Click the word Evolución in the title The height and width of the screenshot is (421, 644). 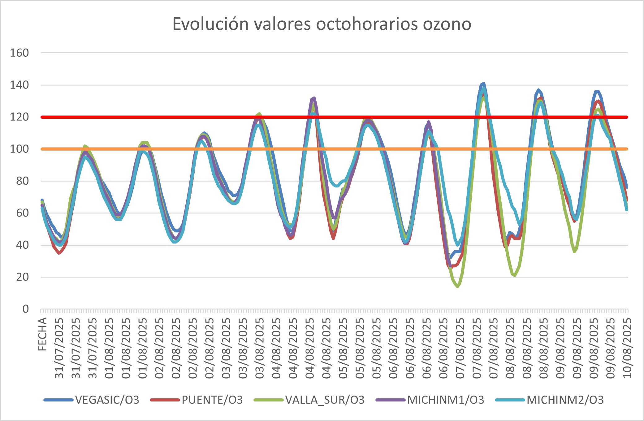[x=210, y=24]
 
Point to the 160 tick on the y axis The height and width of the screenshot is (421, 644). [x=19, y=53]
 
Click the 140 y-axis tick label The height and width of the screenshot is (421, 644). [x=19, y=85]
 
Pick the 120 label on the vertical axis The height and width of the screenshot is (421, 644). [x=19, y=117]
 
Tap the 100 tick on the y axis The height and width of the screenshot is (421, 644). [x=19, y=149]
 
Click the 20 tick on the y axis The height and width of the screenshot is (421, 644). [x=22, y=277]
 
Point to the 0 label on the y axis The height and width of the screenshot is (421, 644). [x=26, y=309]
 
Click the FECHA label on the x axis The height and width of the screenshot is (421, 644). [x=42, y=334]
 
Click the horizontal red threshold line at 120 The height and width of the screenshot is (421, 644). [x=217, y=117]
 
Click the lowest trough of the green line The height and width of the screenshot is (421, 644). [x=457, y=287]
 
